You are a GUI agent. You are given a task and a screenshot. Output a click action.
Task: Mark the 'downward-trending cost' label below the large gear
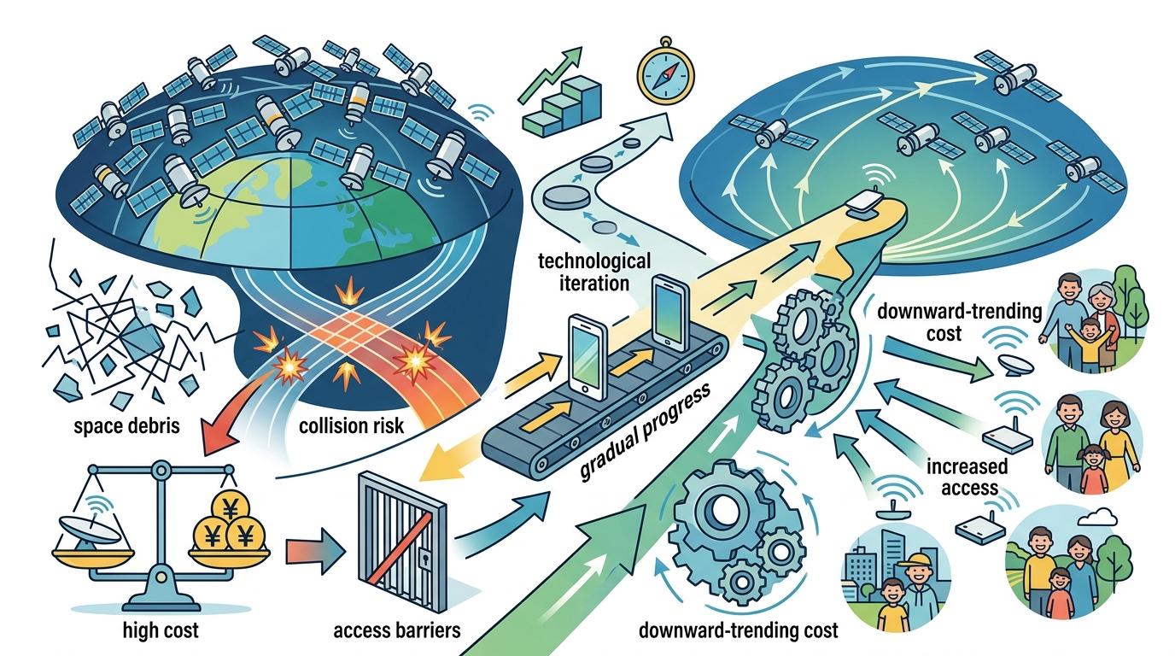click(738, 632)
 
